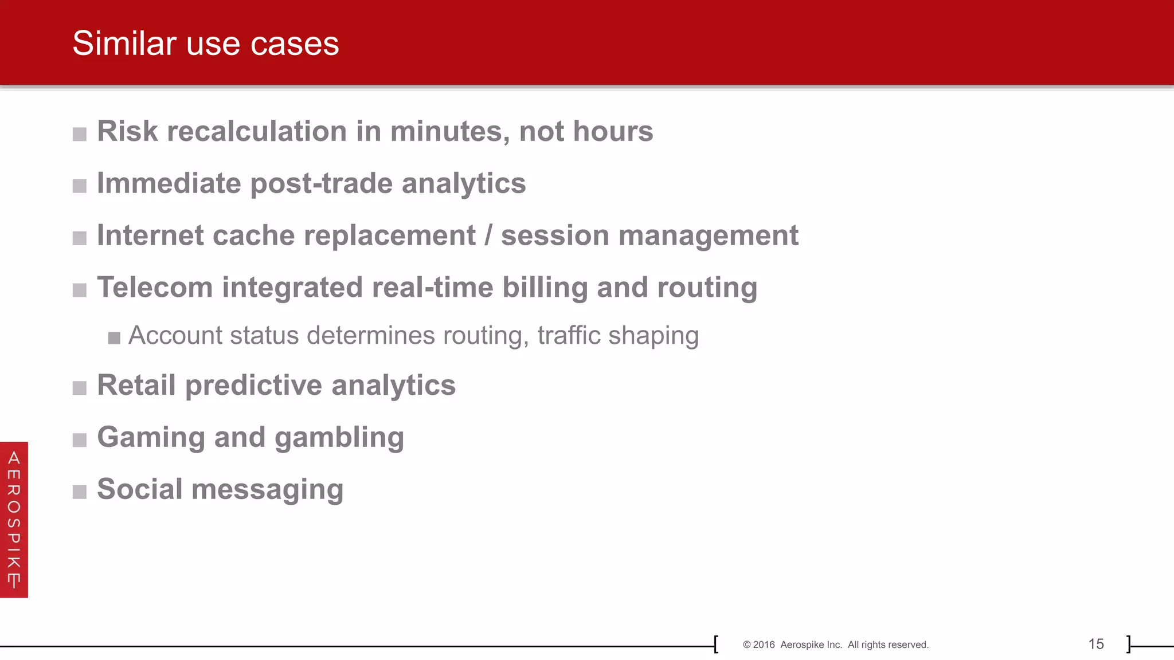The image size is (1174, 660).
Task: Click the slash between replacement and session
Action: tap(488, 235)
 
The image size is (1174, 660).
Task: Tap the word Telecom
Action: tap(155, 288)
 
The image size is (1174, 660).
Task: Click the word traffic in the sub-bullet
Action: tap(569, 336)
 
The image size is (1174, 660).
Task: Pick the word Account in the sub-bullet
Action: tap(175, 336)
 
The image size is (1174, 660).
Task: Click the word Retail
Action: tap(136, 385)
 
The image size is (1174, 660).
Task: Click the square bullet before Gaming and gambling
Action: tap(80, 440)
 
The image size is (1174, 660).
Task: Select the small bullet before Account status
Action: tap(114, 338)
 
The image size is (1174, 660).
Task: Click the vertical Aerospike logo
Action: tap(14, 520)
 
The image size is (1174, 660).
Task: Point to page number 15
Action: tap(1095, 645)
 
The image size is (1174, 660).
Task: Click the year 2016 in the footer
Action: tap(764, 645)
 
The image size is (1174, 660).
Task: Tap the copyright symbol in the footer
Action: tap(746, 645)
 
